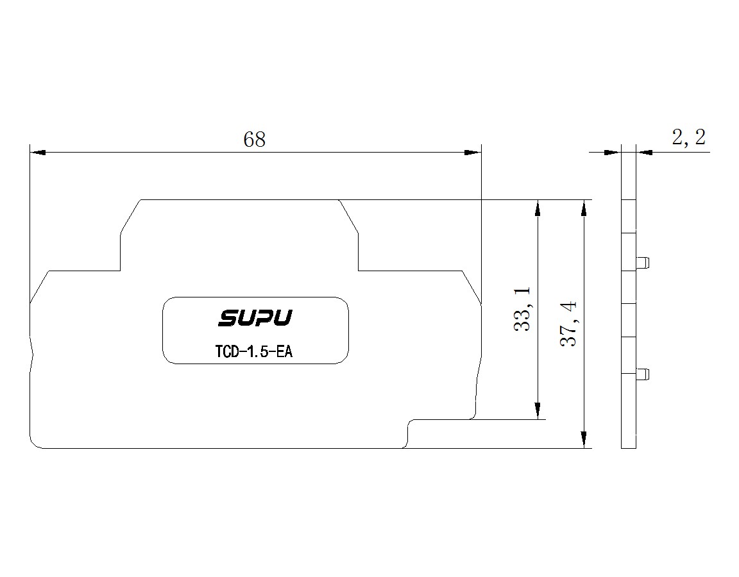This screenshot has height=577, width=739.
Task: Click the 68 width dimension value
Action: pos(255,139)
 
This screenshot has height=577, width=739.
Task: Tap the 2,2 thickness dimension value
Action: pos(688,138)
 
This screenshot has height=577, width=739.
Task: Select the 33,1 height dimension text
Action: pos(522,309)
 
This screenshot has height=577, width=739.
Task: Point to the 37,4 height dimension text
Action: pos(568,324)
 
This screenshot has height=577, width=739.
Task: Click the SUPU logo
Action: pos(255,317)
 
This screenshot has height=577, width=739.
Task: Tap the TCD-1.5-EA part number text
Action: pos(253,351)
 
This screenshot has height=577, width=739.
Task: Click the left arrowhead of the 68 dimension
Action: pos(38,152)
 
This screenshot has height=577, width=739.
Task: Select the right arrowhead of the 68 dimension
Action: pos(473,152)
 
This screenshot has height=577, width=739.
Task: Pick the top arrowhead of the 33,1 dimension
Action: pos(538,208)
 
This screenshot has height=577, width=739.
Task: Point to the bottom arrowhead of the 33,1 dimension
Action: pos(538,411)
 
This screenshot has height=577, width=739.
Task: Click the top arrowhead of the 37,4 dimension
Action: pos(584,208)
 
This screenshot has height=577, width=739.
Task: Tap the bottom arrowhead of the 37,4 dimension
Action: pos(584,440)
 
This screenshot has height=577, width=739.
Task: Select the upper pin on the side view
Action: pos(642,262)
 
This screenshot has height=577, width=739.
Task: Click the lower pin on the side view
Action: pos(642,375)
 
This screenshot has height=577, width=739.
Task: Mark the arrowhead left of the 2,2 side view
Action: pos(613,152)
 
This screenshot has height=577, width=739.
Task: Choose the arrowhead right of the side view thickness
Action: pos(644,152)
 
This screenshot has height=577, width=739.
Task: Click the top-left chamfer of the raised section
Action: pos(130,217)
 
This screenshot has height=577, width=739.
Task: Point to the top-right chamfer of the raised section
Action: pos(349,217)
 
